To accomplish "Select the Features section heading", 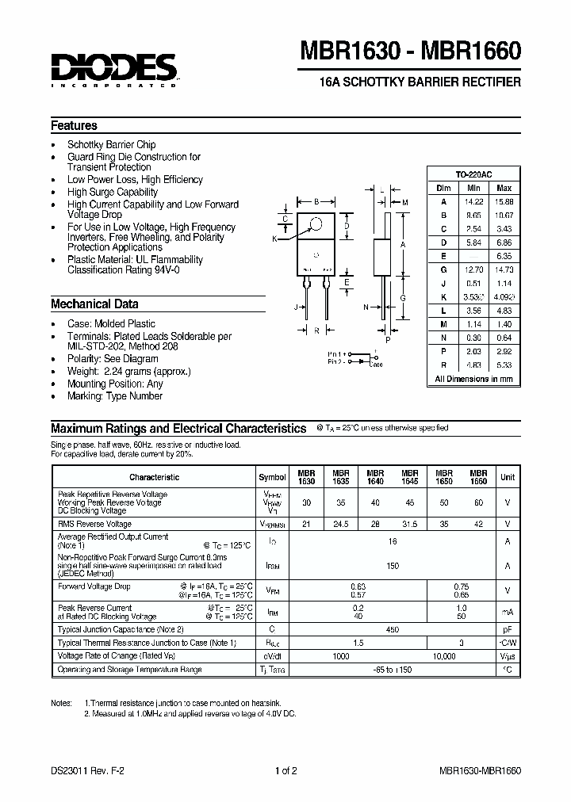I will [75, 125].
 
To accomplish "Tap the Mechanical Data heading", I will [94, 304].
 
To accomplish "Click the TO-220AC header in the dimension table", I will [473, 174].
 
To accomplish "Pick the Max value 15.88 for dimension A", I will [504, 201].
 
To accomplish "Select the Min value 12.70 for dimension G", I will [473, 269].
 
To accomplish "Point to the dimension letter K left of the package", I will [275, 239].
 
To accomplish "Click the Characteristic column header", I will [154, 477].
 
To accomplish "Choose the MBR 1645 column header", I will [410, 476].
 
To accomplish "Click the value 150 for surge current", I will [392, 567].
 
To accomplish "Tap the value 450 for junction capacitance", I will [392, 629].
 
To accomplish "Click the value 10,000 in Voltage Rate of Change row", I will [445, 656].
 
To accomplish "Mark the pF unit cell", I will [508, 629].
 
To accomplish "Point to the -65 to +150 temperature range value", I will [392, 670].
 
